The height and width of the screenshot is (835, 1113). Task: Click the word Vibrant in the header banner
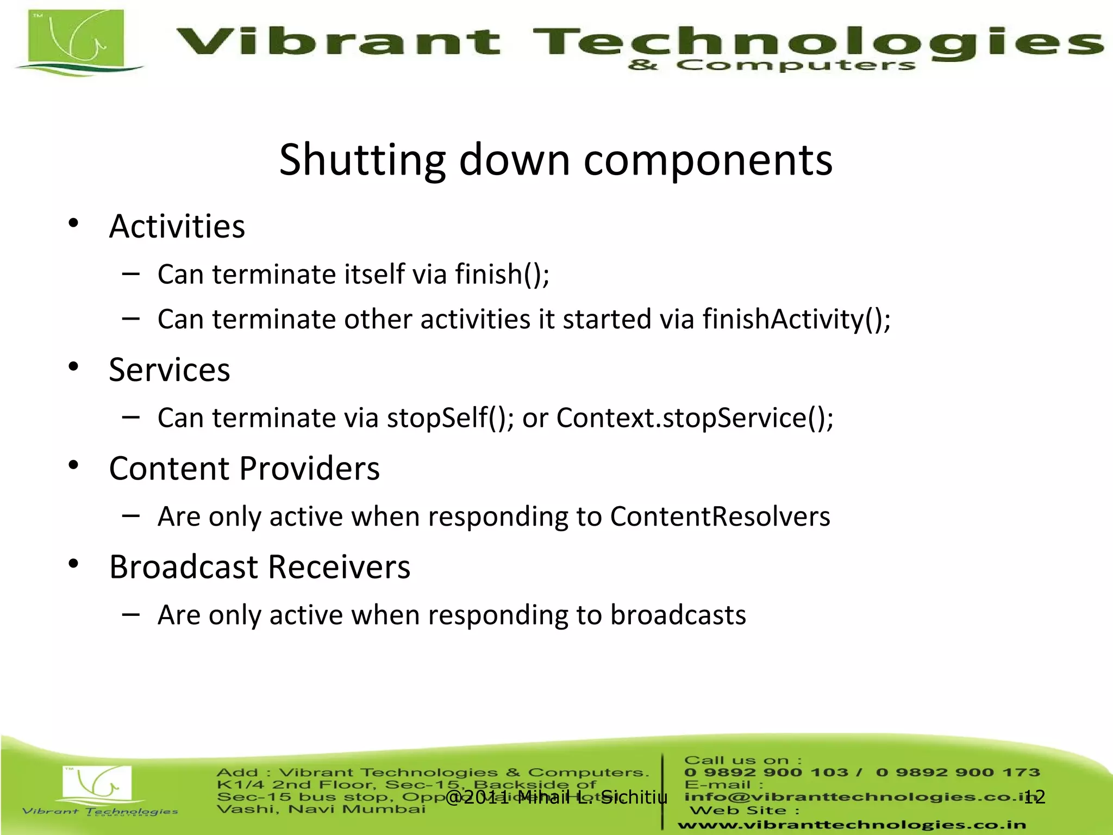click(x=338, y=42)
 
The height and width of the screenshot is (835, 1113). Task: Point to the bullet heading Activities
click(x=177, y=226)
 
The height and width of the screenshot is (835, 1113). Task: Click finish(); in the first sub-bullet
click(x=502, y=274)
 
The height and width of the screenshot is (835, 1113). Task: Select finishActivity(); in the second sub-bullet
click(x=796, y=319)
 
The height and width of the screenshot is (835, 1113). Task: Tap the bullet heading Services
click(x=170, y=370)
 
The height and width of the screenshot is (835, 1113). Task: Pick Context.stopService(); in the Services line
click(x=695, y=418)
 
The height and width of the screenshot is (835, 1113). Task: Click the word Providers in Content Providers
click(x=309, y=469)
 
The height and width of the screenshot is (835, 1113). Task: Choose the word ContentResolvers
click(x=720, y=516)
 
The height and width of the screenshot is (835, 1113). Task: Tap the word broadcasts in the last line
click(x=678, y=615)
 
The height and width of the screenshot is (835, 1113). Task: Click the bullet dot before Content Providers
click(x=74, y=465)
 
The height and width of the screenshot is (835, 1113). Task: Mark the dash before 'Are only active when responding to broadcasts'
click(x=131, y=615)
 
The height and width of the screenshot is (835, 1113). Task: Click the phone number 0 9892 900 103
click(x=766, y=772)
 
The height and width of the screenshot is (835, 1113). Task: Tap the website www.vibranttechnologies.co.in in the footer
click(x=851, y=825)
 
